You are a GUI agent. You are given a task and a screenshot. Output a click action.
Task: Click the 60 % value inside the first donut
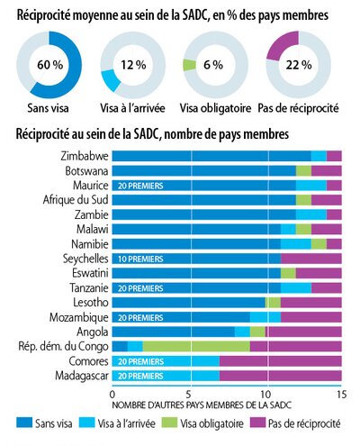click(50, 65)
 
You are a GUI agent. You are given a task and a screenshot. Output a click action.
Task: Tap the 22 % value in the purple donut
click(299, 65)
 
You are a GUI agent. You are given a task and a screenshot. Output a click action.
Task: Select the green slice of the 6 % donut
click(189, 65)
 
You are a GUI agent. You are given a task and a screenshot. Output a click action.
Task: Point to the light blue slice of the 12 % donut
click(111, 79)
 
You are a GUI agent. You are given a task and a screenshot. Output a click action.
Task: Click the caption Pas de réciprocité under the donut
click(298, 108)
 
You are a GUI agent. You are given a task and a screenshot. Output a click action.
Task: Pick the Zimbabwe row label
click(85, 156)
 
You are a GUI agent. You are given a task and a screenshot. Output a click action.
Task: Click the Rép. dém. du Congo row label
click(63, 346)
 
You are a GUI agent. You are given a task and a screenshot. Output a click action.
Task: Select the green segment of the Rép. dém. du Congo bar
click(196, 346)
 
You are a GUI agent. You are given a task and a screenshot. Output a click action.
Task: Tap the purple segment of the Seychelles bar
click(311, 259)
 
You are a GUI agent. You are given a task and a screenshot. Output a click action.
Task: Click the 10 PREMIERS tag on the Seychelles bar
click(140, 259)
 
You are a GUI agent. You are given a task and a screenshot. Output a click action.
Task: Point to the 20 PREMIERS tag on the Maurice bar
click(140, 186)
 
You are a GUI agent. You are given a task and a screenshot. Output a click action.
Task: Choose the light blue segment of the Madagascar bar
click(166, 376)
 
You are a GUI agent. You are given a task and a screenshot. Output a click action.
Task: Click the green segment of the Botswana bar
click(303, 170)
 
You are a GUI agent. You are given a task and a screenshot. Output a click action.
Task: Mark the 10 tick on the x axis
click(265, 395)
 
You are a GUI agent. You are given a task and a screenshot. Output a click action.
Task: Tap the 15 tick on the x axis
click(341, 395)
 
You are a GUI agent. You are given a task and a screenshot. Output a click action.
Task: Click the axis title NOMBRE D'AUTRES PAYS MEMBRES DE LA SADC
click(202, 405)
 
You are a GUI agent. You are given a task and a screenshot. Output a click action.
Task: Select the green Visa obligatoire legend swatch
click(169, 423)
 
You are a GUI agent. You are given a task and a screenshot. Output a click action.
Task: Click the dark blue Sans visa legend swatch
click(24, 423)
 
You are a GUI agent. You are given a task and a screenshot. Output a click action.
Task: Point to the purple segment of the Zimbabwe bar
click(334, 156)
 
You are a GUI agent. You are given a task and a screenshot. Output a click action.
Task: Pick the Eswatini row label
click(90, 273)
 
